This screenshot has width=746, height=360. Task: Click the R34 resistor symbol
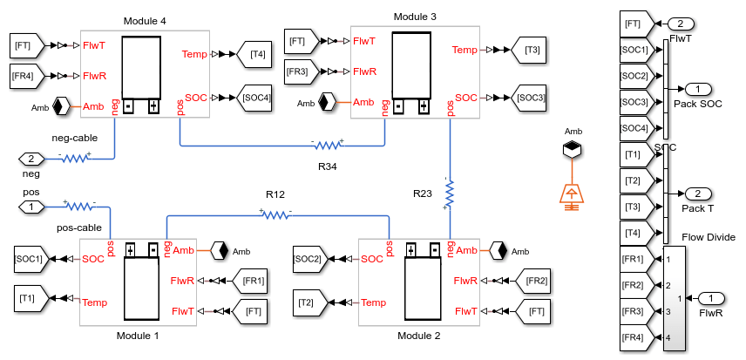328,145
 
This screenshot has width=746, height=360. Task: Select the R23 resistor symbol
449,194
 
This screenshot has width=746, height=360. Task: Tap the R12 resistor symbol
275,215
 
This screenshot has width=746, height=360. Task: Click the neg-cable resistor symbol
75,158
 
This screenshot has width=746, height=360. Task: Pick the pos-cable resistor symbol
79,206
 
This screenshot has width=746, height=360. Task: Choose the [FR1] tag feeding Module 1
249,281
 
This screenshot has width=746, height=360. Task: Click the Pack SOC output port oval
698,89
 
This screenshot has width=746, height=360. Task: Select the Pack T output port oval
698,194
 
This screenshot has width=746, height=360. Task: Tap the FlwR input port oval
711,298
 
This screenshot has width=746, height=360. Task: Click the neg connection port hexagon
31,159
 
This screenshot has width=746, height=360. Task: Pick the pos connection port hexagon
31,207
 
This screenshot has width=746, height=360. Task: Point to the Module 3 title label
415,17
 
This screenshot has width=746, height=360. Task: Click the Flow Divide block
675,298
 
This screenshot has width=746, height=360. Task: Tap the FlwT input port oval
681,24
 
